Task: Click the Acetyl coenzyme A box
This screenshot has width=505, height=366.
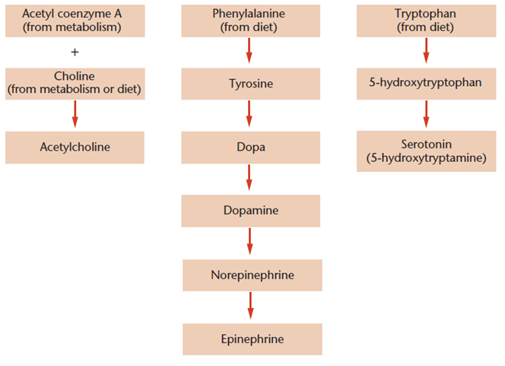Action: tap(75, 21)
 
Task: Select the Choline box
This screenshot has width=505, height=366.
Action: tap(75, 83)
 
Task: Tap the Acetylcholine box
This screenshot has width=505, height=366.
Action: tap(75, 147)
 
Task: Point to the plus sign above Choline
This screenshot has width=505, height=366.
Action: tap(75, 52)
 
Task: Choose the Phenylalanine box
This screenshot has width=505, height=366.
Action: tap(250, 21)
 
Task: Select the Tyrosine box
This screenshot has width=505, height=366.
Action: tap(250, 83)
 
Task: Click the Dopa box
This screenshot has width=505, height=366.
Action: tap(250, 147)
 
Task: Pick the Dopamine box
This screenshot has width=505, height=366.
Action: tap(250, 210)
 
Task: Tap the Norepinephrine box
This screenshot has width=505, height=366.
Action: tap(252, 274)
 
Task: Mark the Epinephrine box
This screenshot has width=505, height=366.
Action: tap(252, 338)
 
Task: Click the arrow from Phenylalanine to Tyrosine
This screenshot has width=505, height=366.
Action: tap(250, 52)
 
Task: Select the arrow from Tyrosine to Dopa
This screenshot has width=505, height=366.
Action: tap(250, 115)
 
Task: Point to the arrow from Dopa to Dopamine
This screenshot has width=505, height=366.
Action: tap(250, 179)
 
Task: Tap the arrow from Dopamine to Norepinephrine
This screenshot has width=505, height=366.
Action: tap(250, 242)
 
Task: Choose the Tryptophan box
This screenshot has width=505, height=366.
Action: tap(426, 21)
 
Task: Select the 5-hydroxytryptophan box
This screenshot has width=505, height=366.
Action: tap(426, 83)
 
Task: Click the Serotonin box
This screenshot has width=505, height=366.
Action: tap(426, 151)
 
